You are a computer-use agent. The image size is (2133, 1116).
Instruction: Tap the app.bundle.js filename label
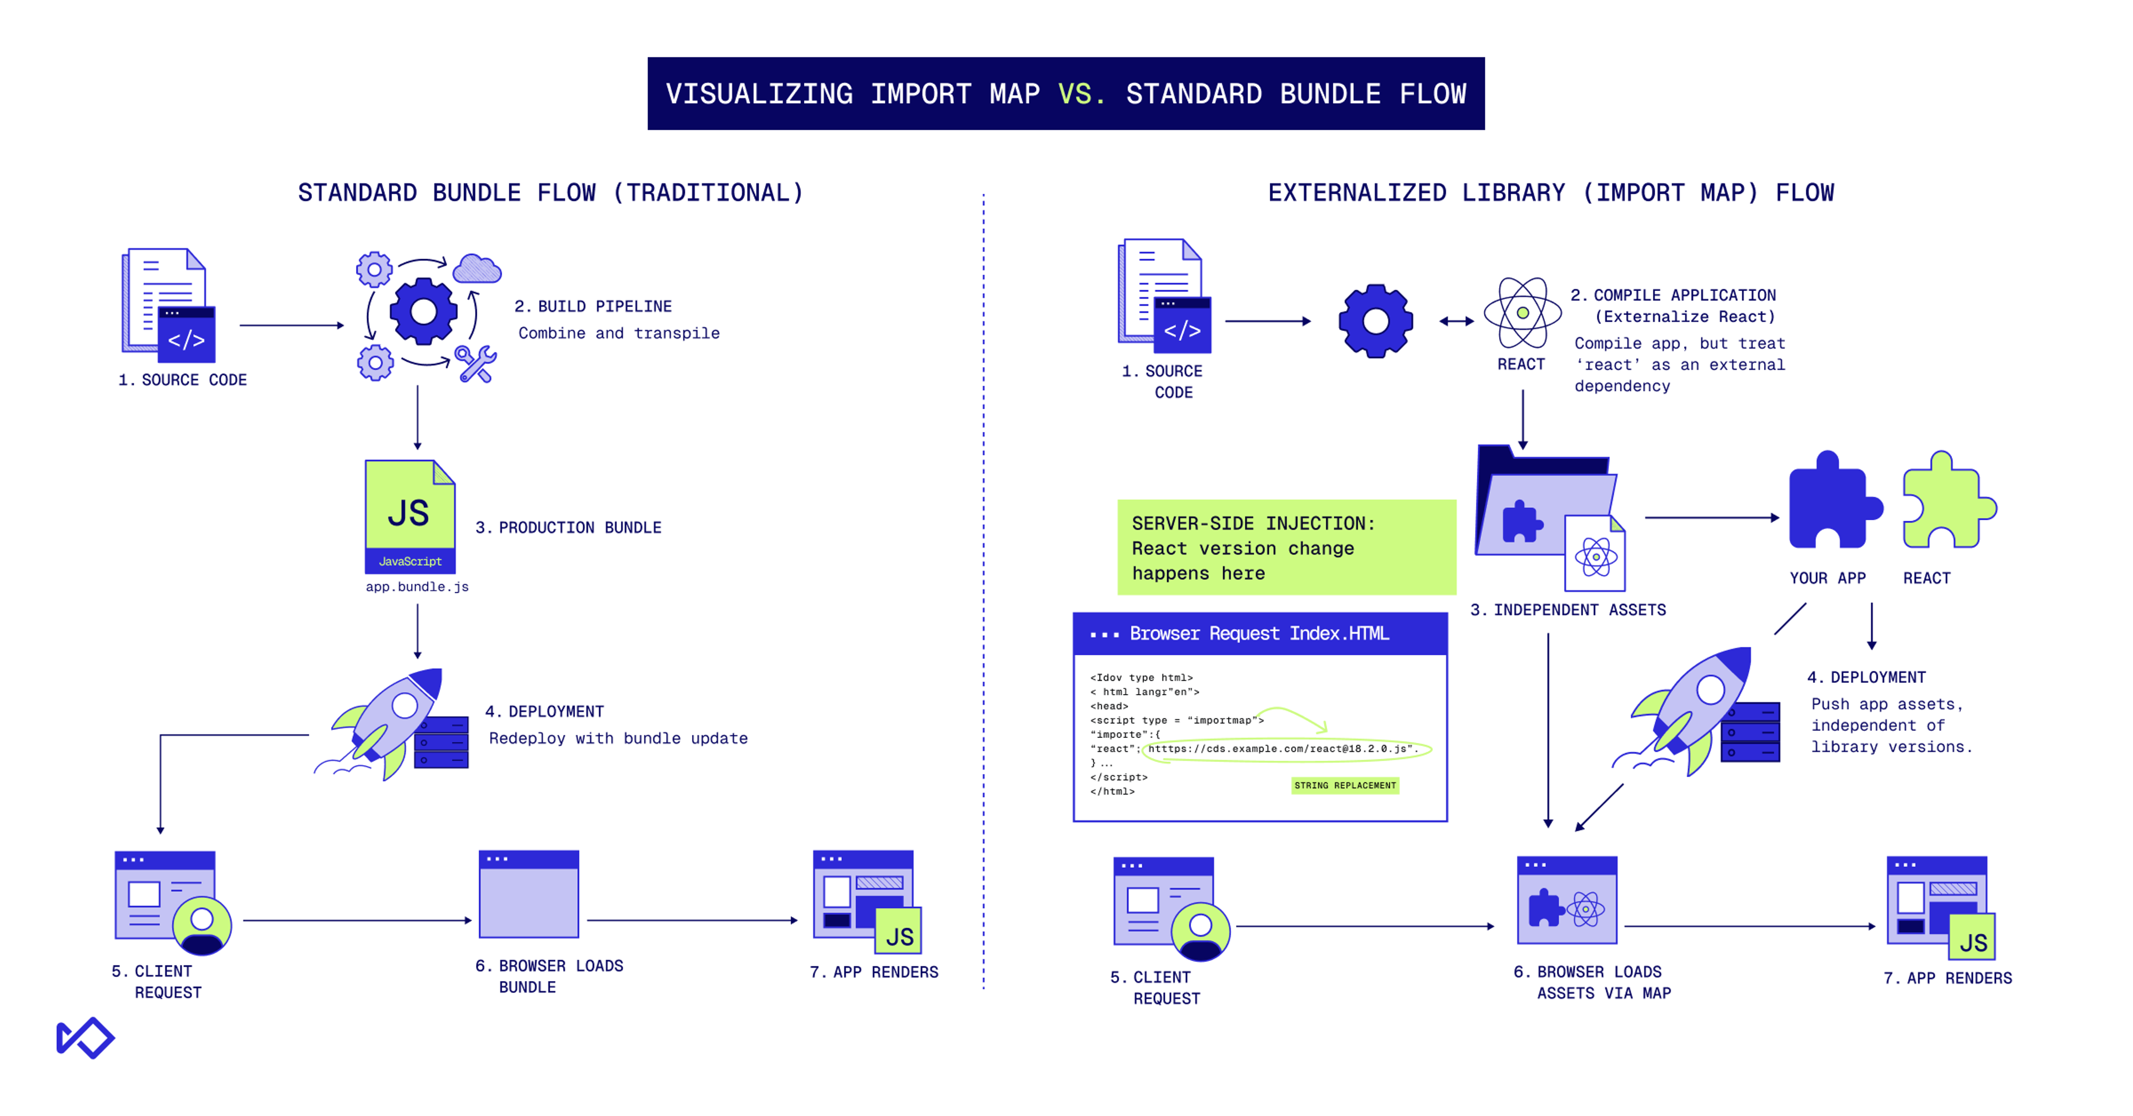pyautogui.click(x=417, y=586)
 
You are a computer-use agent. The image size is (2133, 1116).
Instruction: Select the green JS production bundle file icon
pyautogui.click(x=410, y=516)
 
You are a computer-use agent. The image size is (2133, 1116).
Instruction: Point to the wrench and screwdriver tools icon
pyautogui.click(x=476, y=364)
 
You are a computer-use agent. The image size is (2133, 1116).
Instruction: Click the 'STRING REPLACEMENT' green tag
pyautogui.click(x=1345, y=785)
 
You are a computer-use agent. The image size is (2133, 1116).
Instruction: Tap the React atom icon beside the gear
pyautogui.click(x=1522, y=313)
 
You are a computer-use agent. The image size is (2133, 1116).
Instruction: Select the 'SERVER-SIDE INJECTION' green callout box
pyautogui.click(x=1286, y=547)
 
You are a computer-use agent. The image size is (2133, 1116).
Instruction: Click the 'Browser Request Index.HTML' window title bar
pyautogui.click(x=1259, y=634)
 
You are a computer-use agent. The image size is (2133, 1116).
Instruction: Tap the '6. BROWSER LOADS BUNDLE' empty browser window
pyautogui.click(x=528, y=894)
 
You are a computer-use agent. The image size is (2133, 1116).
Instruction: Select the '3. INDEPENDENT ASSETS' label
pyautogui.click(x=1568, y=610)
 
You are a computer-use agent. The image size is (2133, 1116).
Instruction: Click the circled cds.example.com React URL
pyautogui.click(x=1286, y=749)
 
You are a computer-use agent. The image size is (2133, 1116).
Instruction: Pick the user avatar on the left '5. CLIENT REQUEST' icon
pyautogui.click(x=201, y=926)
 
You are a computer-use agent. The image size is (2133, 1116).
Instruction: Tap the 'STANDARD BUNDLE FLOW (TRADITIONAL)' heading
pyautogui.click(x=550, y=193)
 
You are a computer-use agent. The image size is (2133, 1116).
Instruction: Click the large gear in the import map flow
pyautogui.click(x=1375, y=321)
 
